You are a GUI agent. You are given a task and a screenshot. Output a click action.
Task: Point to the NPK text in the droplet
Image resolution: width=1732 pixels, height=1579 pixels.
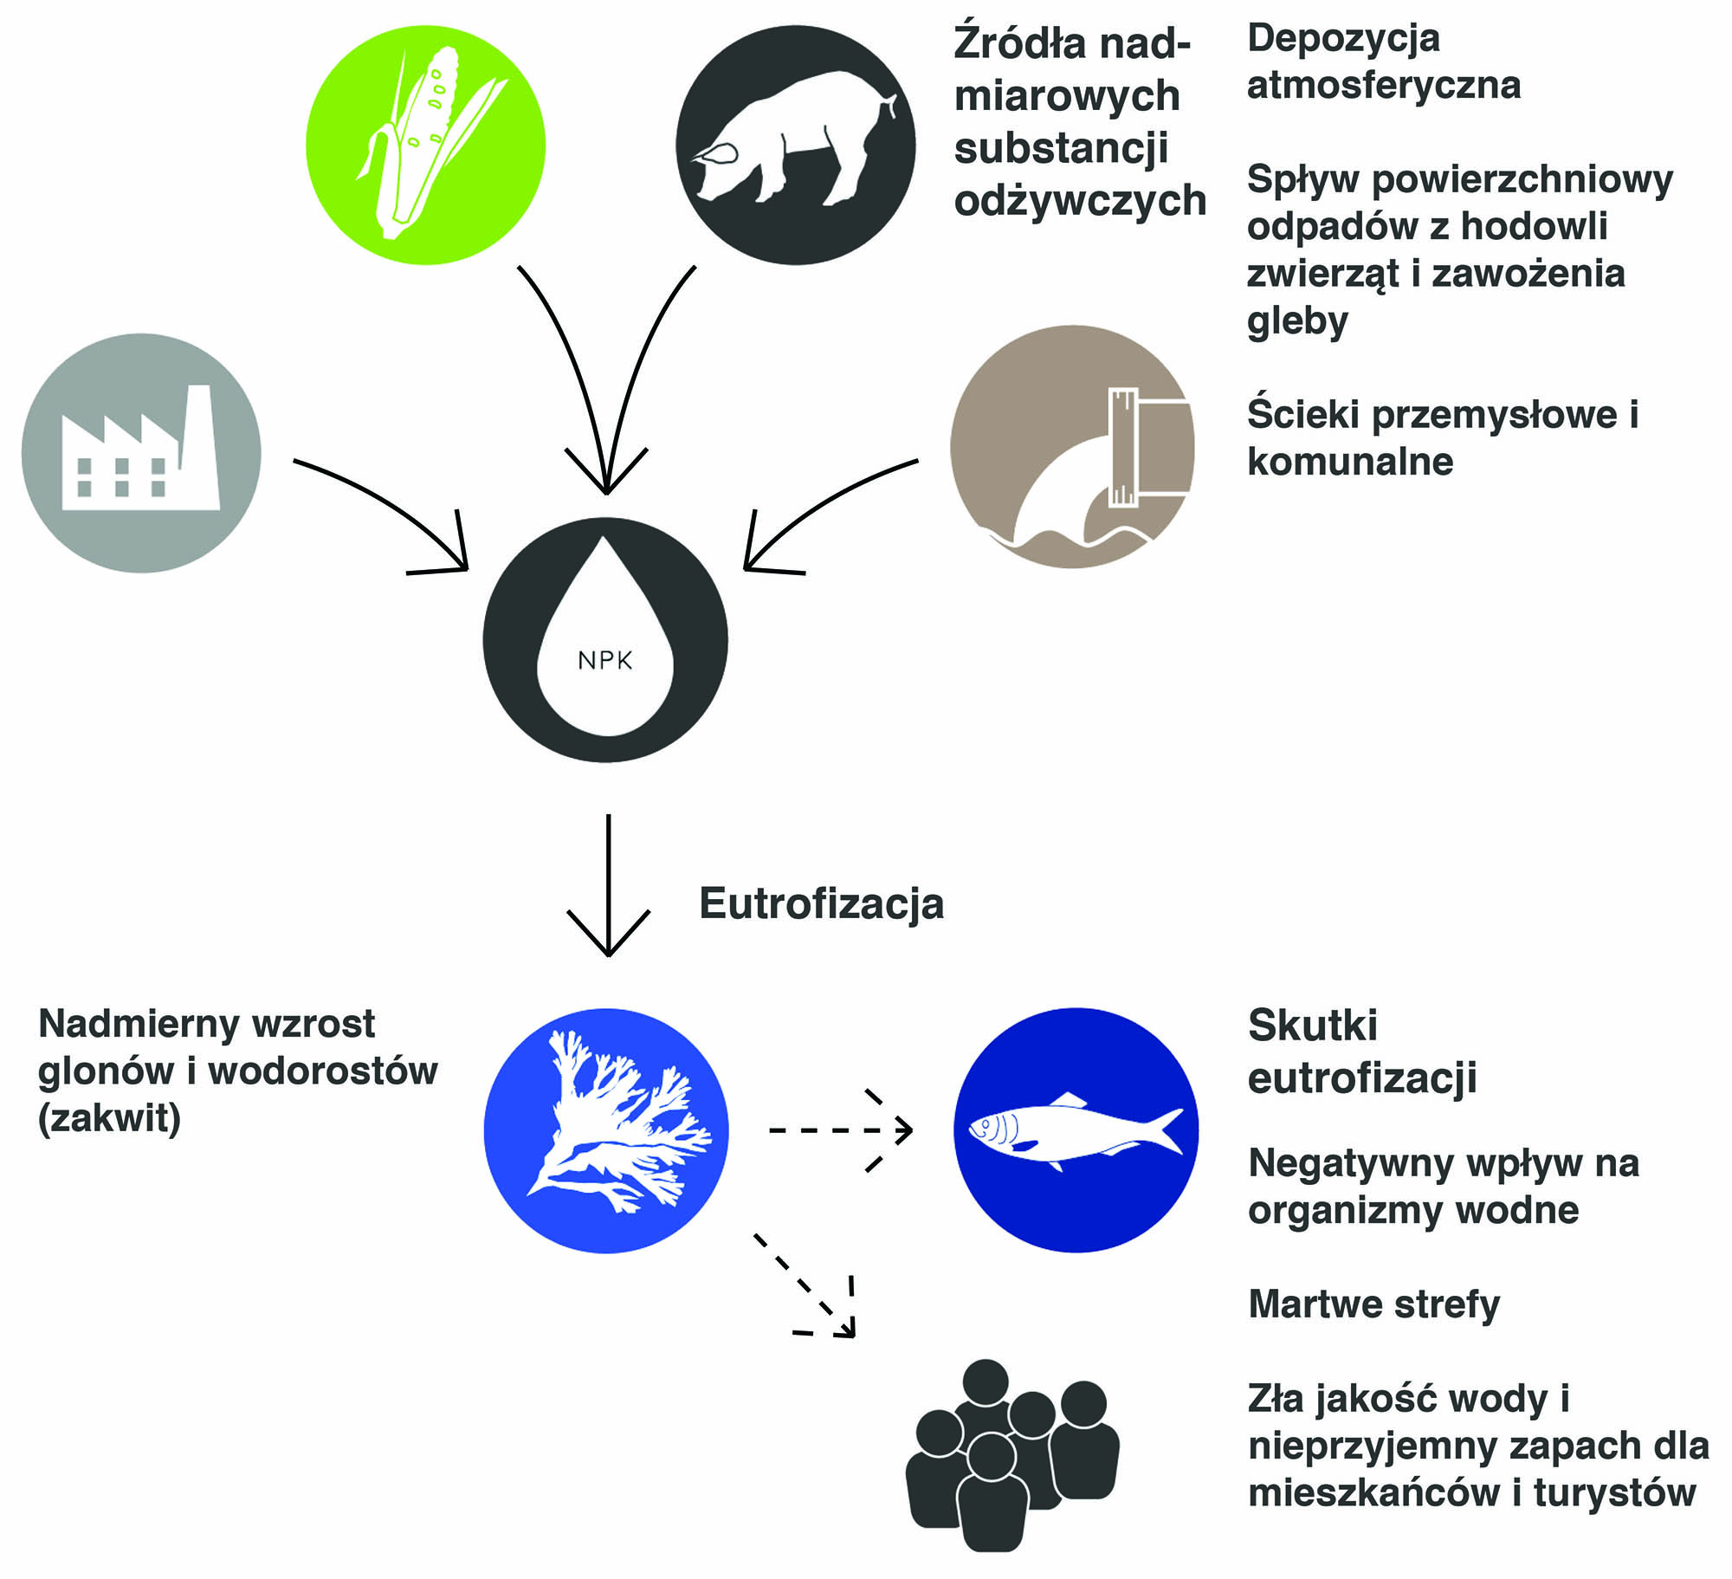[x=604, y=661]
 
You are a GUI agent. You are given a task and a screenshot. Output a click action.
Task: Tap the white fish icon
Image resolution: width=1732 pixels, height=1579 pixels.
[x=1074, y=1130]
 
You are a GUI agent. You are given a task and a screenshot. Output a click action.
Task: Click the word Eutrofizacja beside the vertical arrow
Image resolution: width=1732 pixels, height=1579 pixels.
[x=821, y=903]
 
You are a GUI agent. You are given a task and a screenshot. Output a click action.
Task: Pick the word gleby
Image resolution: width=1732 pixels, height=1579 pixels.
[x=1296, y=321]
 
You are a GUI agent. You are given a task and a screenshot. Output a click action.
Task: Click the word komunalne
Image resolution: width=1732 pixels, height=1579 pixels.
[x=1349, y=462]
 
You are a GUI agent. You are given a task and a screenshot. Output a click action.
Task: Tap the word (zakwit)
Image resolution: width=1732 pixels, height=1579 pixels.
[x=109, y=1118]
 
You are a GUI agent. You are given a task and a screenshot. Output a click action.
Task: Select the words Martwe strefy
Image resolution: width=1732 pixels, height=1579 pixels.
[x=1373, y=1304]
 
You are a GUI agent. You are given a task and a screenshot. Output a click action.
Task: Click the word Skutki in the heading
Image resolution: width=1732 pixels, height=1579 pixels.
[x=1312, y=1026]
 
